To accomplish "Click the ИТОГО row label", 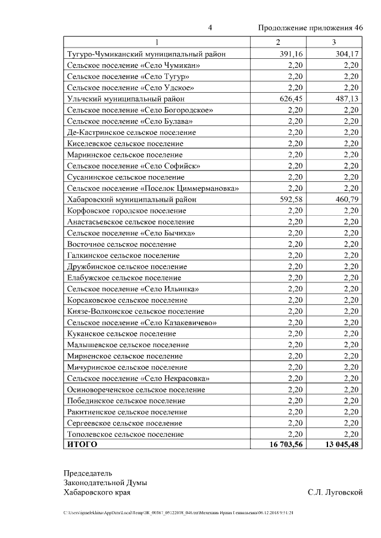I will (x=82, y=445).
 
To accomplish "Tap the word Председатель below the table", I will (x=88, y=473).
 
